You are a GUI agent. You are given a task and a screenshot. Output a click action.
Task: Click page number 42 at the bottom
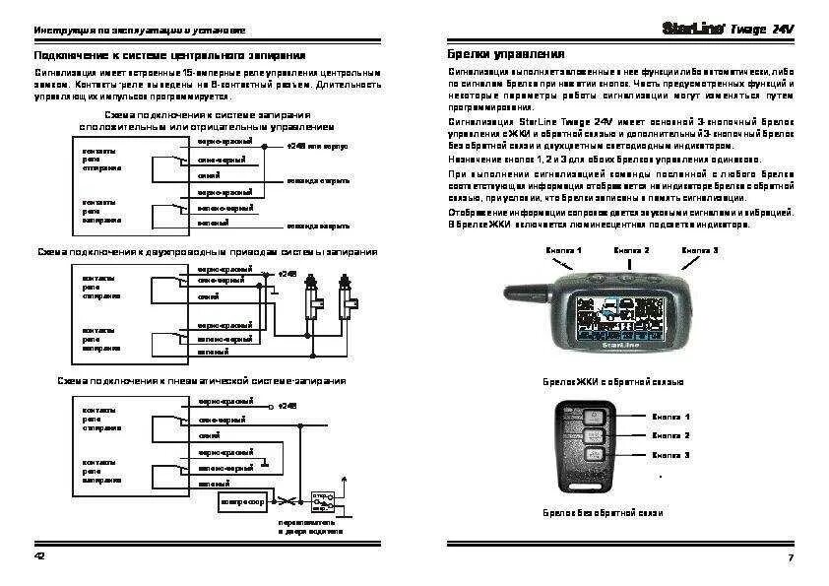[40, 558]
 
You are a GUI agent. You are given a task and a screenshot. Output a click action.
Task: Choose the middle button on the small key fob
[595, 436]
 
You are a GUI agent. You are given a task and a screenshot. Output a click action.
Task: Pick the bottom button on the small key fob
[595, 455]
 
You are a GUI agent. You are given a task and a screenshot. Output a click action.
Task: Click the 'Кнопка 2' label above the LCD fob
[631, 250]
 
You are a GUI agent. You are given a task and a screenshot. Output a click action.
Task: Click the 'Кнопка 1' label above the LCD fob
[564, 250]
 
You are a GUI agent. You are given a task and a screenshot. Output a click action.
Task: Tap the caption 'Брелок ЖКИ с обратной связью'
[612, 381]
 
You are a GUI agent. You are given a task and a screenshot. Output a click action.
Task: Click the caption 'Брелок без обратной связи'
[603, 513]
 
